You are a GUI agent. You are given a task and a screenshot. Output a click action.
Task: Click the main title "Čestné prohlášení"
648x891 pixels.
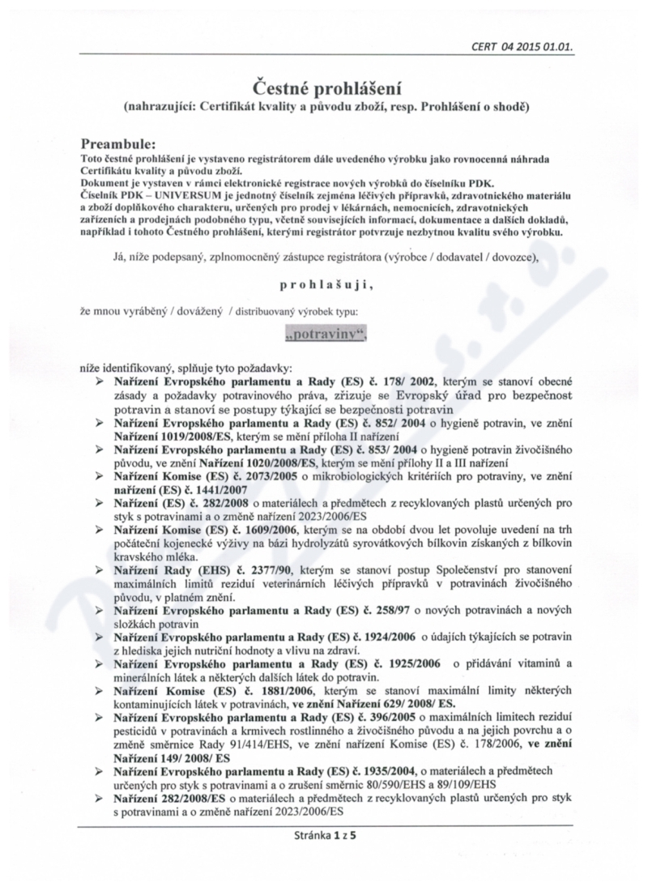(323, 86)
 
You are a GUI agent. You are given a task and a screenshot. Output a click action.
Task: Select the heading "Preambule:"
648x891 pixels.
(126, 143)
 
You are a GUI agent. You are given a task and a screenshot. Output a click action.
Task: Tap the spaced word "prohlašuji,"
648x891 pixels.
(325, 285)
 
